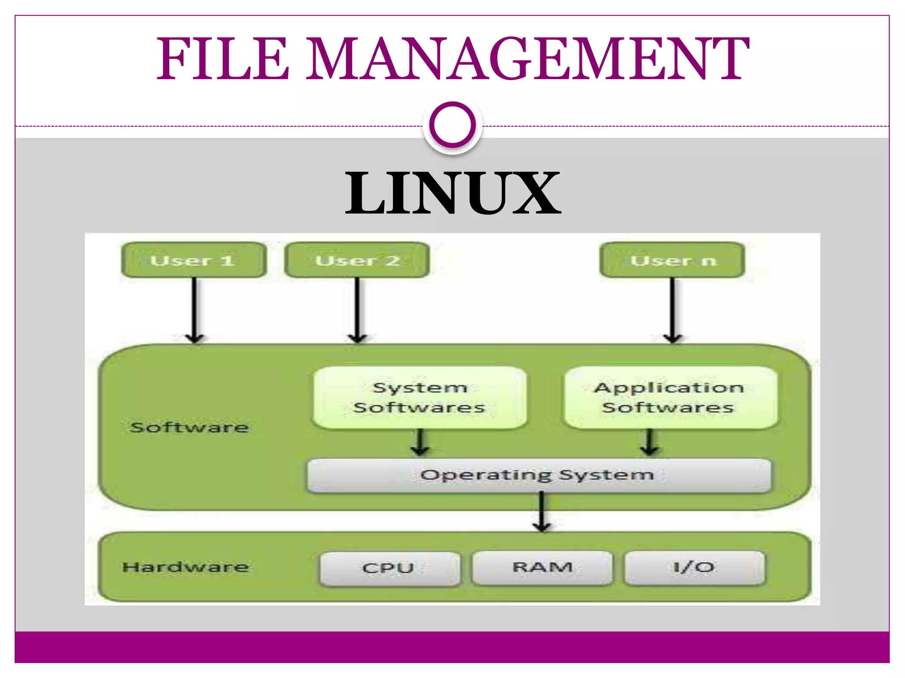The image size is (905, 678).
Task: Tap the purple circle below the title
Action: pos(452,124)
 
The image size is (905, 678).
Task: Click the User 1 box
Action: pos(194,260)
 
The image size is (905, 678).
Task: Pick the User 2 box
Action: pos(357,260)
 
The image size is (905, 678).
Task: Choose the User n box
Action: pos(672,260)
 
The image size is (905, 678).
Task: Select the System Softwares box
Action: pos(419,397)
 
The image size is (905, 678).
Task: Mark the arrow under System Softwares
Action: pos(420,442)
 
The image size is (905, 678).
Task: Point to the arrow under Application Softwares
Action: pos(649,442)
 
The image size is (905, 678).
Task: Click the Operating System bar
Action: pos(539,475)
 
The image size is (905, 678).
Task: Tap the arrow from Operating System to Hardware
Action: pos(542,512)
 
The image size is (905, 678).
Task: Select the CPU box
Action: pos(389,568)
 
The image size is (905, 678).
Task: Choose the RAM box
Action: pos(542,567)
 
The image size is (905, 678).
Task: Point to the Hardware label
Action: pos(186,567)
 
